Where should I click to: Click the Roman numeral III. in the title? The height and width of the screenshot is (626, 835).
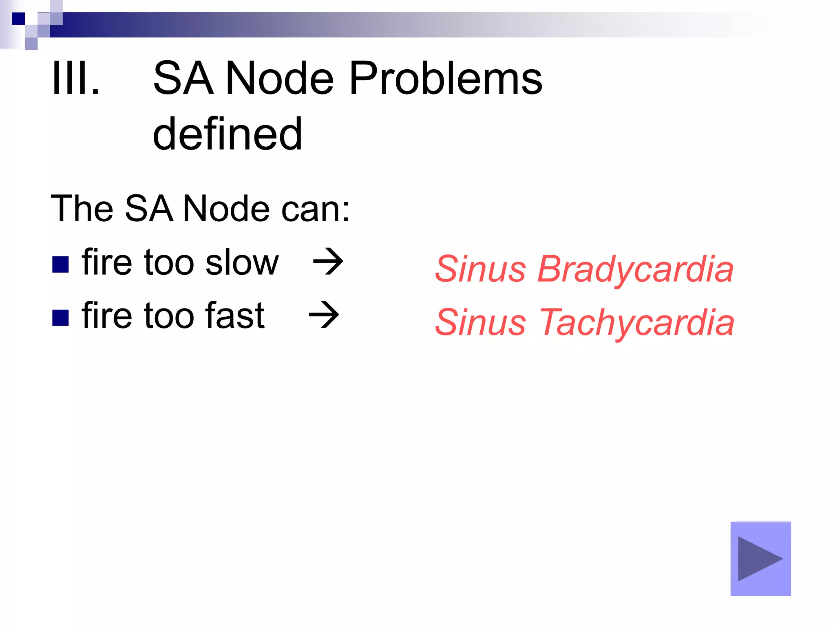(76, 78)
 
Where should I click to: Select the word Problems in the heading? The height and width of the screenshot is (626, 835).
(446, 78)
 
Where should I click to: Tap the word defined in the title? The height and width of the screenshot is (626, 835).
(228, 134)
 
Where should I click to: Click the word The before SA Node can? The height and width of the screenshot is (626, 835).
(82, 209)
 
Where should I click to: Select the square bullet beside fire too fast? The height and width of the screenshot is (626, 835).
(60, 318)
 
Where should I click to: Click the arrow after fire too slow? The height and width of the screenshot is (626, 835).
(328, 262)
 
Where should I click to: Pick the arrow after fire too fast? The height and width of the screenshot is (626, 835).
(324, 315)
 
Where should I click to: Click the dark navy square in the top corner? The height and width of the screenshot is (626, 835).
(18, 19)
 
